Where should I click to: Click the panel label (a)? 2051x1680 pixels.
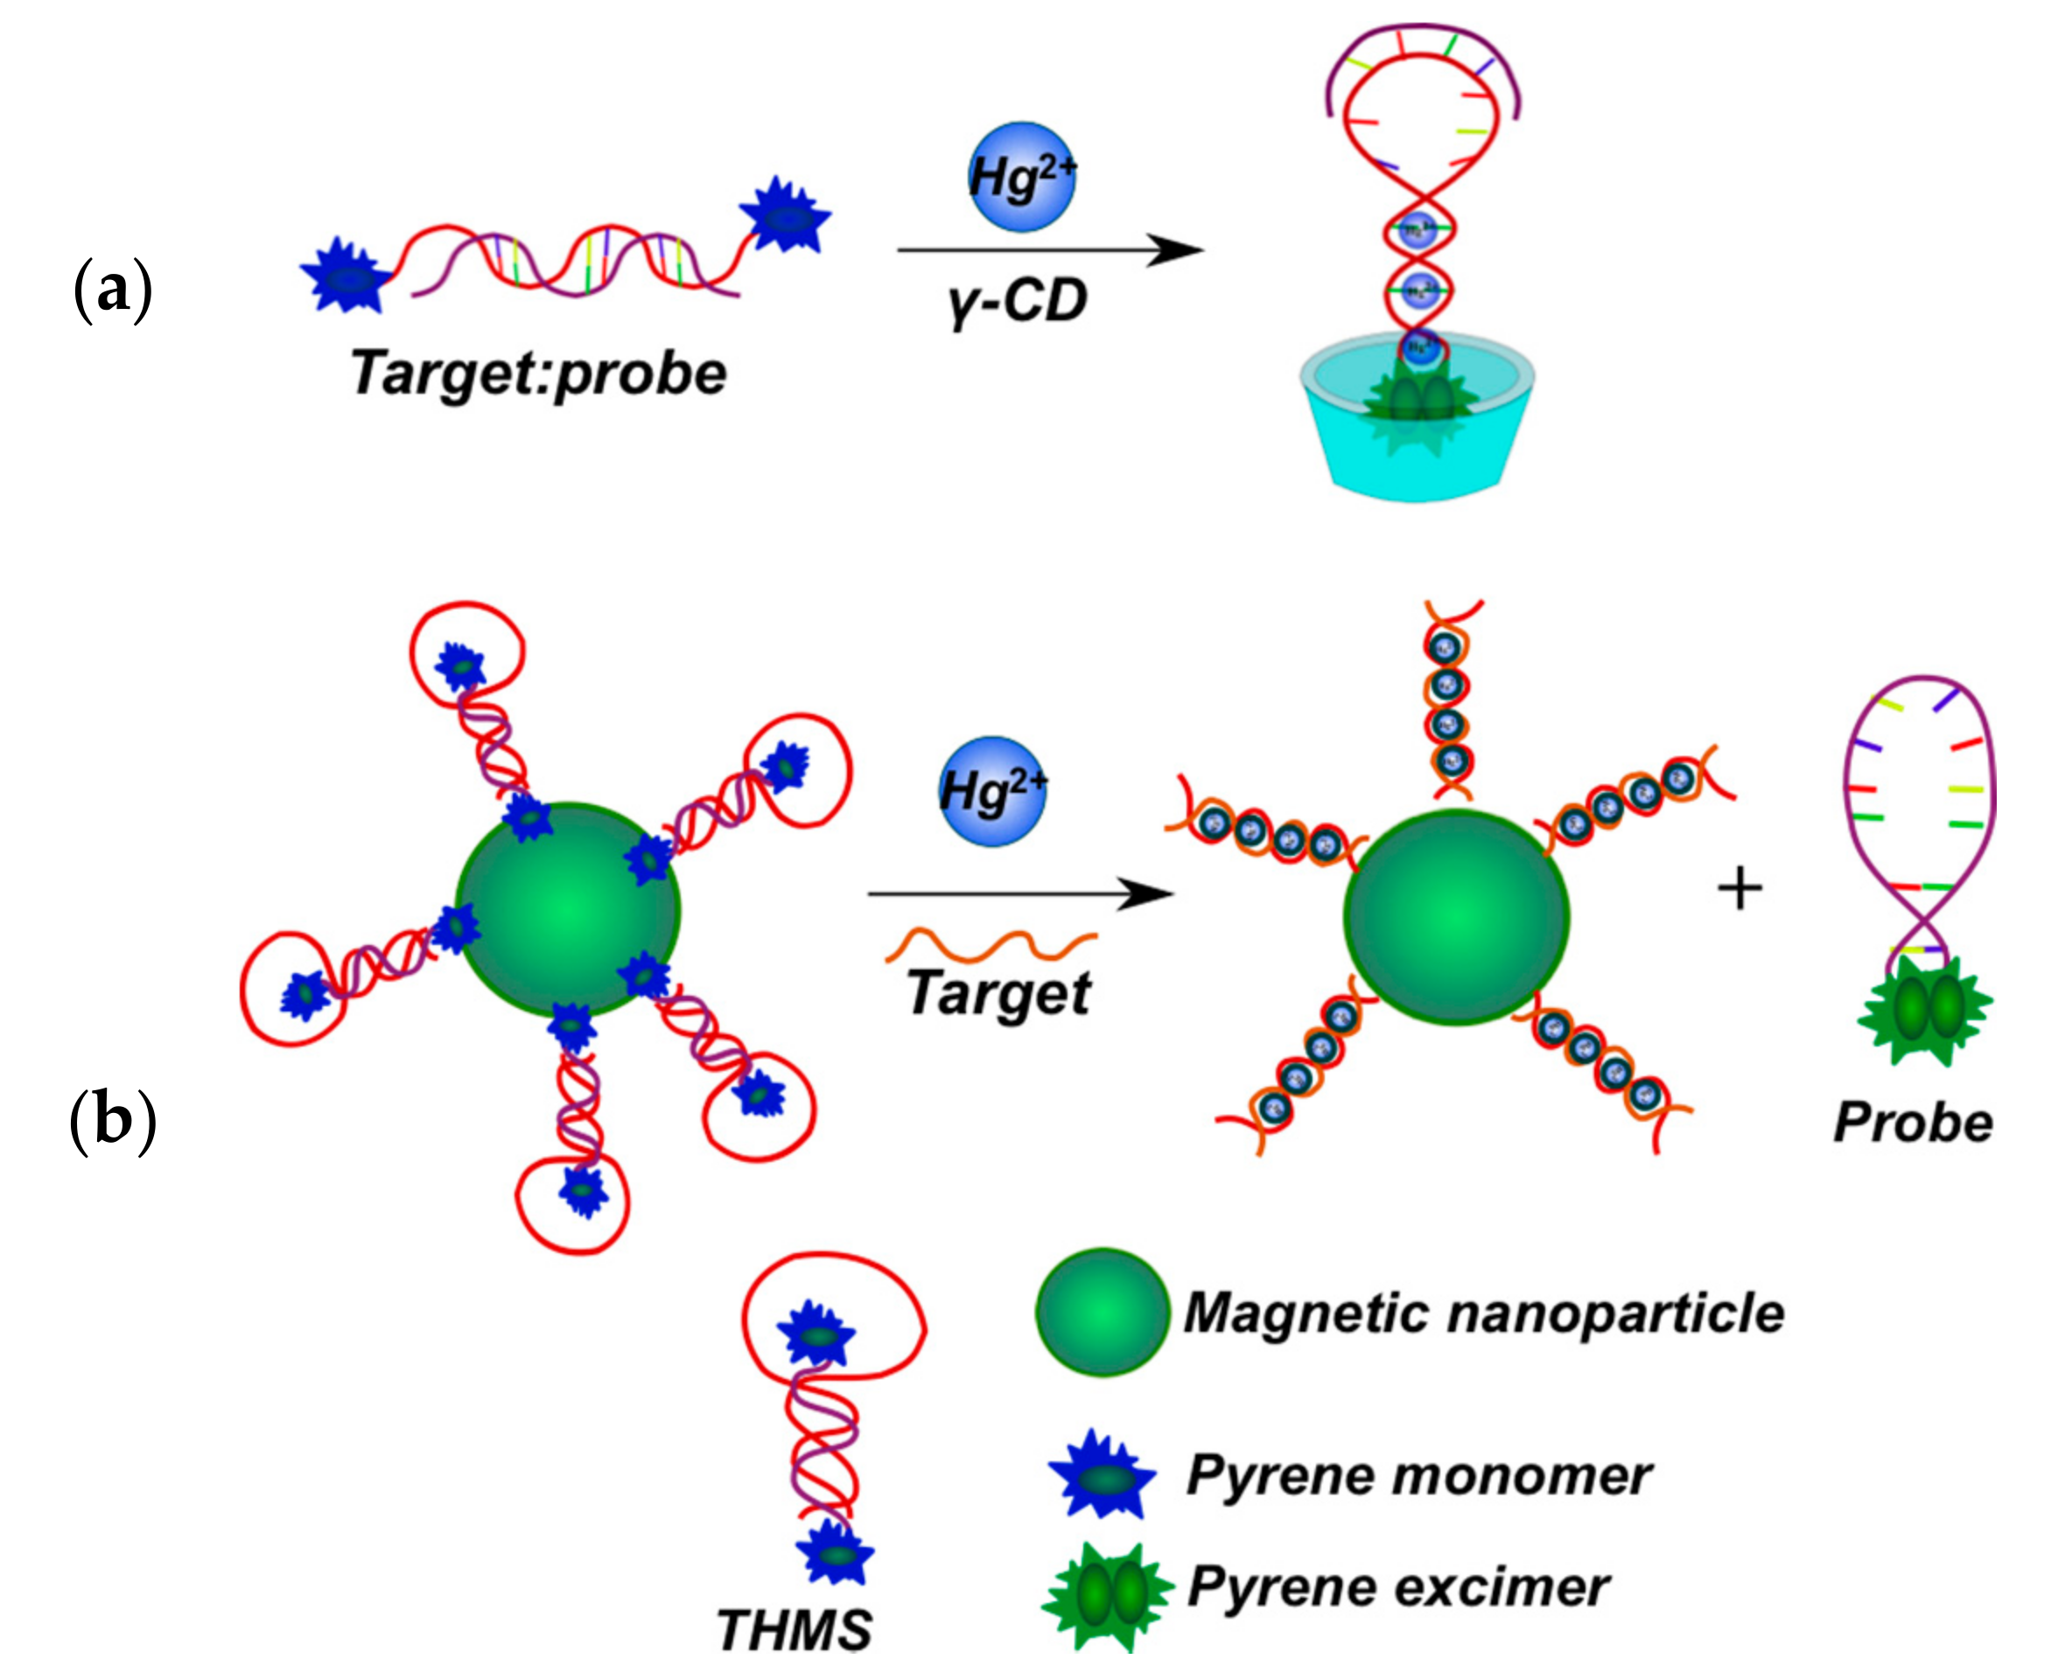[112, 290]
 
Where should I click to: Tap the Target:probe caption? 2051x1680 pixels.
[538, 374]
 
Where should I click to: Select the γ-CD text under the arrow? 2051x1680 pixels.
[1018, 301]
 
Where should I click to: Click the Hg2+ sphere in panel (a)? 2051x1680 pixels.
[1022, 177]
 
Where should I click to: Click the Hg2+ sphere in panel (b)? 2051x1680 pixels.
[992, 791]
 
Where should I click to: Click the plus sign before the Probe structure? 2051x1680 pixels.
[1739, 887]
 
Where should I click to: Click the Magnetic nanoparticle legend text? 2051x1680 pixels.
[1484, 1313]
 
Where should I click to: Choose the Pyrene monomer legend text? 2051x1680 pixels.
[1419, 1476]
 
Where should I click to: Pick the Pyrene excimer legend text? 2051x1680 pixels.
[1398, 1587]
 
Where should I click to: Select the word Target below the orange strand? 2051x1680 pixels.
[999, 993]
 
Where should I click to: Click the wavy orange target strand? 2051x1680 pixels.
[991, 943]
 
